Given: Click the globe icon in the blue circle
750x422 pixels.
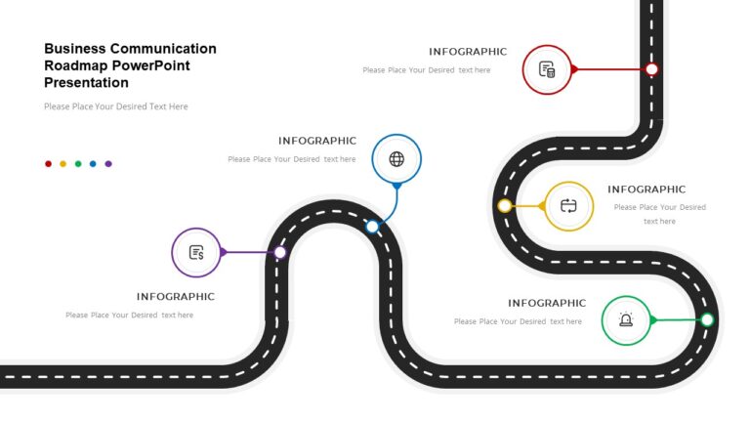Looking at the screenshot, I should (396, 159).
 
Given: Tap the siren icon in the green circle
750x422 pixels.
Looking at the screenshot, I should (626, 320).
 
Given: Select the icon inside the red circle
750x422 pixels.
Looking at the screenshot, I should (547, 69).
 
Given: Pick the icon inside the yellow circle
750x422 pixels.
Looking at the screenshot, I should (569, 206).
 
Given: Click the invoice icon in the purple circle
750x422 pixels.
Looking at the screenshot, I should (196, 252).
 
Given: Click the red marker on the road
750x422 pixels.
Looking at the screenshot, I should (652, 69).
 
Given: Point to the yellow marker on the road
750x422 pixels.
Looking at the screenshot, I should (504, 206).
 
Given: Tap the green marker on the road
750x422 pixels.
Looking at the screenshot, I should (707, 319).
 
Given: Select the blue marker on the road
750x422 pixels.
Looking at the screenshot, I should (372, 227).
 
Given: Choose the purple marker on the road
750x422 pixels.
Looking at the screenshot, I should (280, 252).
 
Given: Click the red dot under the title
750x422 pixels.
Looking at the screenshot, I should (48, 164).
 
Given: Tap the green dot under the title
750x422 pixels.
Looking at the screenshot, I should (78, 164).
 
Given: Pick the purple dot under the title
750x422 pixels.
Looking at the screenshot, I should (108, 164).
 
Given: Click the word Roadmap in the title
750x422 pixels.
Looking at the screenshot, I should (72, 65).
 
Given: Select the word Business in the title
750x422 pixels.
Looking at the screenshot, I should (74, 48).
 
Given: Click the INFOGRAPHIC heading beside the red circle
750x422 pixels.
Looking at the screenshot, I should (468, 52).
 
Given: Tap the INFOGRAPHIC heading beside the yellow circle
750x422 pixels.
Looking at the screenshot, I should (646, 190).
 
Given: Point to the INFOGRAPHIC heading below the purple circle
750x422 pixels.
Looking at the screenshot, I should (175, 297).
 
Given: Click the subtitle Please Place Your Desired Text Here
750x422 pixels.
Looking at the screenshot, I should (116, 106).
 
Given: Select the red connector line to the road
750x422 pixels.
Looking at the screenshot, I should (612, 69).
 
